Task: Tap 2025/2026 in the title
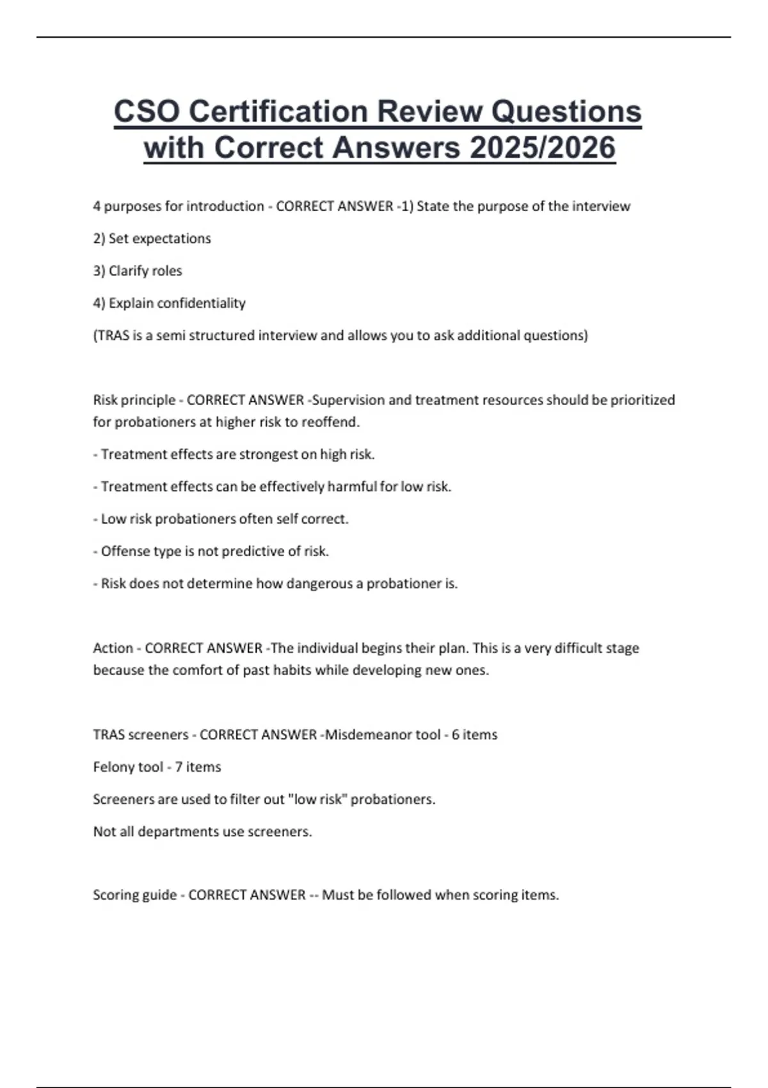tap(542, 148)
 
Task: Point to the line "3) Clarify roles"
tap(138, 271)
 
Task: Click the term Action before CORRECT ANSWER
tap(113, 648)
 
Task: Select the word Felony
tap(113, 767)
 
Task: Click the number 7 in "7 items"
tap(179, 767)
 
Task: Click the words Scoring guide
tap(134, 895)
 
